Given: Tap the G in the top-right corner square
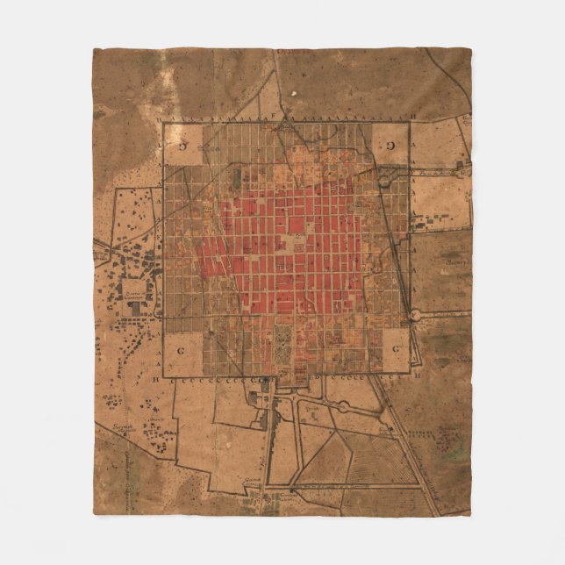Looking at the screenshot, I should (x=390, y=145).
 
